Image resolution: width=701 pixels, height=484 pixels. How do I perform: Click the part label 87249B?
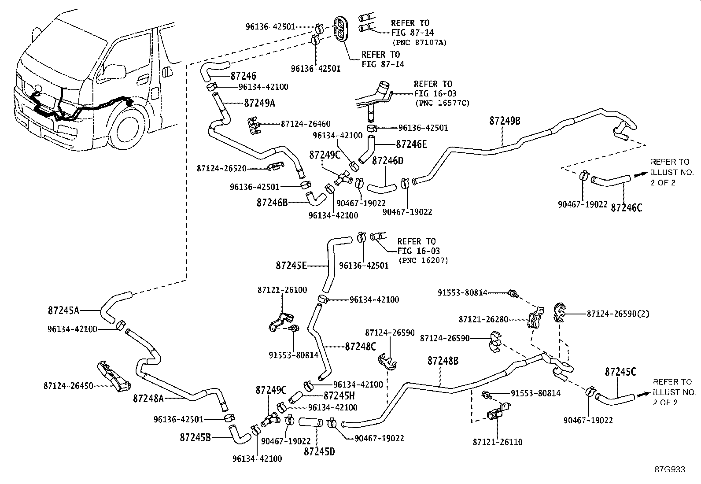tap(505, 121)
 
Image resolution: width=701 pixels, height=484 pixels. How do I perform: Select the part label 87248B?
tap(443, 361)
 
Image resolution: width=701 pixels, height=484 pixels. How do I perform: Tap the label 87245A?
tap(63, 310)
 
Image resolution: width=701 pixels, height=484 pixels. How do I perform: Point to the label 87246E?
tap(411, 144)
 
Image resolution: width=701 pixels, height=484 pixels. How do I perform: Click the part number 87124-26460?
tap(306, 124)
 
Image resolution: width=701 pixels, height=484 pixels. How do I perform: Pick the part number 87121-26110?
tap(498, 442)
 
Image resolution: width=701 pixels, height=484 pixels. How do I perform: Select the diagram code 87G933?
tap(669, 469)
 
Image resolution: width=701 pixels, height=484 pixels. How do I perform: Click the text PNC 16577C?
tap(442, 103)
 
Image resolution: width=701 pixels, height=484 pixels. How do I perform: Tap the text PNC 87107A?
tap(419, 42)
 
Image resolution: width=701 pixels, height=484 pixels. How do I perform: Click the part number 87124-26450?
tap(68, 385)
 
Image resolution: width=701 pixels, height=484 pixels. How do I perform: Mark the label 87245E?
tap(291, 265)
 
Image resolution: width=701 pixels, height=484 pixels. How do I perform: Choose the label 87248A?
tap(148, 399)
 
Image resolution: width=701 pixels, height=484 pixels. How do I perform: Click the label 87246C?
tap(626, 207)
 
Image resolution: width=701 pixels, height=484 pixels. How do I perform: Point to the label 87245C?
tap(620, 372)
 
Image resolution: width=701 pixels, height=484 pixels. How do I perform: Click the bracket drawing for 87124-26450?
tap(113, 376)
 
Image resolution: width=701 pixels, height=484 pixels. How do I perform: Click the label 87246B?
tap(272, 202)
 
